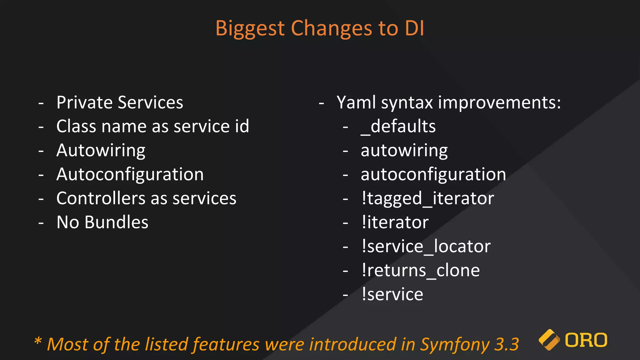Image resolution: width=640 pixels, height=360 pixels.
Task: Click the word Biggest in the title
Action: tap(250, 29)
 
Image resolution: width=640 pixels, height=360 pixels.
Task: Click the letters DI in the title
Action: tap(414, 28)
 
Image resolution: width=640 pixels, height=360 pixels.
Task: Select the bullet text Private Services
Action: tap(120, 102)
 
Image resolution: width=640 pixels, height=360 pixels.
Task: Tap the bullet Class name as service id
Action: tap(152, 126)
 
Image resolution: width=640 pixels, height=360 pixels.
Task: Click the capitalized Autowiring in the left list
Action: tap(101, 151)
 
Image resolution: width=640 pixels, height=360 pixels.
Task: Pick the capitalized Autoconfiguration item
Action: tap(130, 174)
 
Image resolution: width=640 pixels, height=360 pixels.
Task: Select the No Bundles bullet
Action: tap(102, 222)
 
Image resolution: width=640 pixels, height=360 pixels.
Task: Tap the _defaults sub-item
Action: tap(398, 126)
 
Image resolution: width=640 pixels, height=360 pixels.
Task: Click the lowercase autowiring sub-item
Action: tap(404, 151)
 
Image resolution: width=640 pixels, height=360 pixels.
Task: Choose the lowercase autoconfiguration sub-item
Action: tap(433, 174)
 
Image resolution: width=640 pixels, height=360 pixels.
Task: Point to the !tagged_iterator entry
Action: tap(427, 198)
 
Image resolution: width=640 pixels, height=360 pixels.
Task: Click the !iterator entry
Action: tap(395, 222)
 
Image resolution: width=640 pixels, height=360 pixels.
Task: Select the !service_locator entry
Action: tap(426, 246)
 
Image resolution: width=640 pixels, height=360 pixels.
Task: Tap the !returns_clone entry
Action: tap(420, 270)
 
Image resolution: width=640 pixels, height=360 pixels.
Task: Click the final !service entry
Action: tap(392, 294)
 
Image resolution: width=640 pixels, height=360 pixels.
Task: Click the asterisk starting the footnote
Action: tap(38, 341)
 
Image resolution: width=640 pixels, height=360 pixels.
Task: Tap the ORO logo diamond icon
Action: tap(549, 340)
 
